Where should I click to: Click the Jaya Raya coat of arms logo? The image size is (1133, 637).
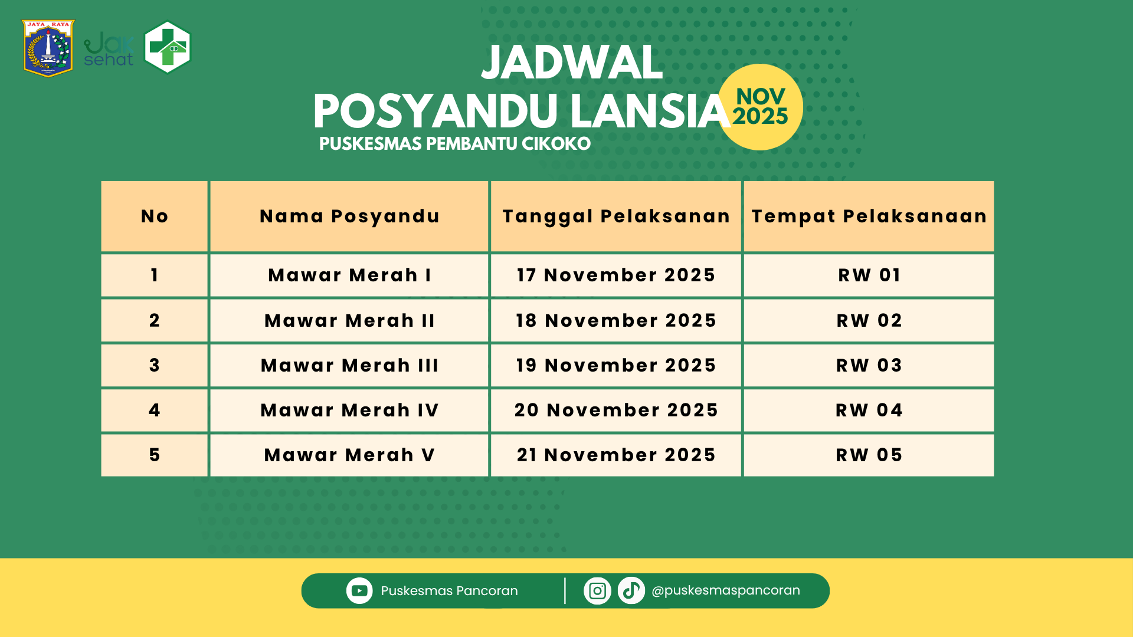(48, 48)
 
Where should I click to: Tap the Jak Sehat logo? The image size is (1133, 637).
(109, 50)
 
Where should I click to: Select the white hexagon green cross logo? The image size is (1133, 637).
(168, 47)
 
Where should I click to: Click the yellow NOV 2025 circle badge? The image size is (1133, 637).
(760, 107)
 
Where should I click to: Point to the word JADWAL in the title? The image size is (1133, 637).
(572, 63)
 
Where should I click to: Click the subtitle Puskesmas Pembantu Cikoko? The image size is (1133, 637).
(454, 144)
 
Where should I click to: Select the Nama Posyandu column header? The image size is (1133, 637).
(349, 216)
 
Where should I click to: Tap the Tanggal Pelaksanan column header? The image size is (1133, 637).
(616, 216)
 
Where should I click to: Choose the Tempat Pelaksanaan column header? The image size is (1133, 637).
(869, 216)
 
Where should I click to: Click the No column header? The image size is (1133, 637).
(155, 216)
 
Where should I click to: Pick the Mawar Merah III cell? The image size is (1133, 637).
(349, 366)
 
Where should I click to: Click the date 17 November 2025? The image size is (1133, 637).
(616, 275)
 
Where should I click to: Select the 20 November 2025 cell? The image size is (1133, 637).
(616, 411)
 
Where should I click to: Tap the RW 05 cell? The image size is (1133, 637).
(869, 455)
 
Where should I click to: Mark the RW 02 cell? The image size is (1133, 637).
(869, 321)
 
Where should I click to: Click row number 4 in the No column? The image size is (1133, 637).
(155, 411)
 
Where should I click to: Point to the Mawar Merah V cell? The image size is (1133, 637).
(349, 455)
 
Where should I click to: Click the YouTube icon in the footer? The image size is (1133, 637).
(359, 590)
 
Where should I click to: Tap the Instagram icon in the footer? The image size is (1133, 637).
(597, 590)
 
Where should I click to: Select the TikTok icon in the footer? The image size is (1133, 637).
(631, 590)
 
